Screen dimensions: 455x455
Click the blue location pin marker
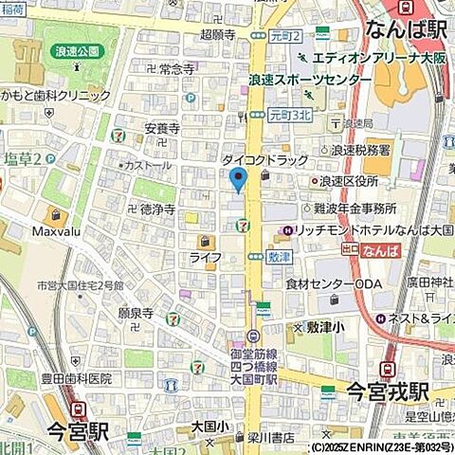click(x=238, y=178)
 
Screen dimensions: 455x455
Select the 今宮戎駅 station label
click(x=387, y=391)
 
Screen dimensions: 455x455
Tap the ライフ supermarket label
click(x=205, y=258)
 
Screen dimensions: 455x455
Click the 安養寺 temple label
click(x=162, y=130)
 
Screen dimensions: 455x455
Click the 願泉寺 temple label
click(x=136, y=311)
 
